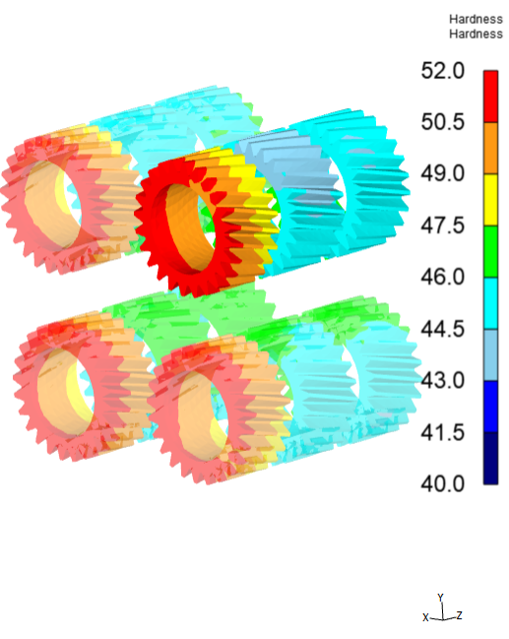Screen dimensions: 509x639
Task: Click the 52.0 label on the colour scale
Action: (x=443, y=71)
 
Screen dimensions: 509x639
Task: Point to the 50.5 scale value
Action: (x=443, y=122)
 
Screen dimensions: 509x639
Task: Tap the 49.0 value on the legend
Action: (x=443, y=173)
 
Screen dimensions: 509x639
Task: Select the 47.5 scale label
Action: (x=443, y=225)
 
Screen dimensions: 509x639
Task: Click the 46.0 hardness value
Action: (x=443, y=277)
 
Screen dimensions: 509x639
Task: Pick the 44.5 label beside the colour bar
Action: (x=443, y=329)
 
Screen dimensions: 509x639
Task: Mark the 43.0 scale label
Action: (x=443, y=381)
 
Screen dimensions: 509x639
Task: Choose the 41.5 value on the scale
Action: (x=443, y=432)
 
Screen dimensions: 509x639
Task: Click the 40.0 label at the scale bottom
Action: (x=443, y=484)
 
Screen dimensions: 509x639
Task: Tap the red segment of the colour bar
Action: (x=490, y=96)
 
